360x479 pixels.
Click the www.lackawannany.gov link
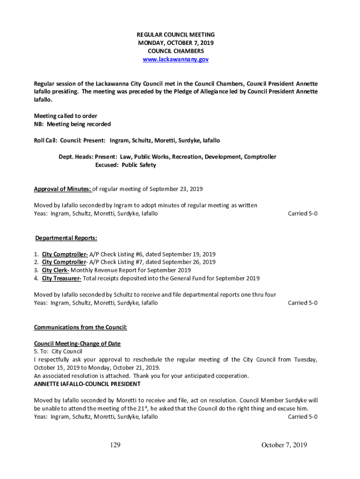click(x=175, y=59)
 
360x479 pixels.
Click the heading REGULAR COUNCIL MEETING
click(x=175, y=35)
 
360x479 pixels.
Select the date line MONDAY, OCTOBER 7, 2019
click(x=175, y=43)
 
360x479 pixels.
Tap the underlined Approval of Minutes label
click(x=63, y=189)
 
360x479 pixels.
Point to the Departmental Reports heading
click(x=66, y=238)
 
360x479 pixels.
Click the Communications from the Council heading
click(x=80, y=327)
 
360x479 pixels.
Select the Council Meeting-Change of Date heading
click(x=77, y=343)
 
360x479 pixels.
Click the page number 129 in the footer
click(x=115, y=445)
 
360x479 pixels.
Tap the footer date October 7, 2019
click(x=284, y=445)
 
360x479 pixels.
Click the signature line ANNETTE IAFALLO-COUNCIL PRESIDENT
click(x=87, y=384)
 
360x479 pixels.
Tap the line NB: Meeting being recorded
click(x=72, y=124)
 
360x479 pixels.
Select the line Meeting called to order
click(x=65, y=116)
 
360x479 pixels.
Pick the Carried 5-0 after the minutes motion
click(x=302, y=213)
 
